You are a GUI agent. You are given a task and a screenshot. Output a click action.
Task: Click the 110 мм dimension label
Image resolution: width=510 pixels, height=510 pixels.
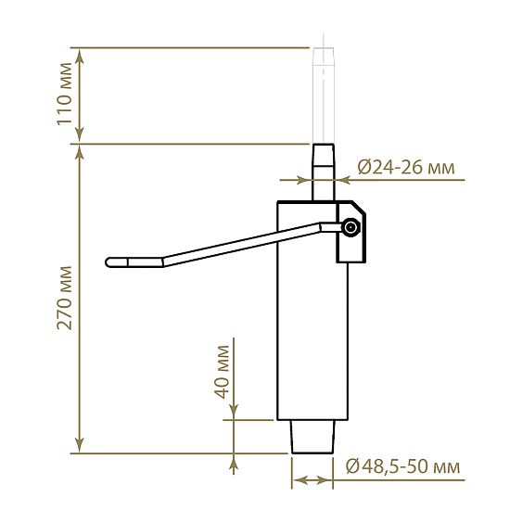[x=64, y=94]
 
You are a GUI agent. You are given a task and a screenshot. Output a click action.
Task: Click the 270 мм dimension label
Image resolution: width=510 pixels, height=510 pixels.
[x=64, y=298]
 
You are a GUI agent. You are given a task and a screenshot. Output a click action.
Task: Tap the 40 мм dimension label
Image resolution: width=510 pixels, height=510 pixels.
[x=222, y=372]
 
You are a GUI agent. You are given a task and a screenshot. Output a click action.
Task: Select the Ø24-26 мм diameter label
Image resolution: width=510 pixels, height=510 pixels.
[x=406, y=168]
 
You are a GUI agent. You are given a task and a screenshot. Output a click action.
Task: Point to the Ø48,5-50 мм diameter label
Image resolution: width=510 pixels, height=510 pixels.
[x=403, y=466]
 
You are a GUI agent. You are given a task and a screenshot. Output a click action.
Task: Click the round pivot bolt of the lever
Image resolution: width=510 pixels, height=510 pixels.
[x=351, y=227]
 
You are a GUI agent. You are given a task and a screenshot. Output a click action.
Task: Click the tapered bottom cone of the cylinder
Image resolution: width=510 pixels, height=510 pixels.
[x=312, y=437]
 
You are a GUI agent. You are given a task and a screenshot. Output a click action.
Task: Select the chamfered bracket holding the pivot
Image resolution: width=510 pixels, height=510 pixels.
[x=351, y=232]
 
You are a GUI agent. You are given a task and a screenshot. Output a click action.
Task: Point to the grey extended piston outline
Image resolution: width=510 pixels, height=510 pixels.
[x=323, y=96]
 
